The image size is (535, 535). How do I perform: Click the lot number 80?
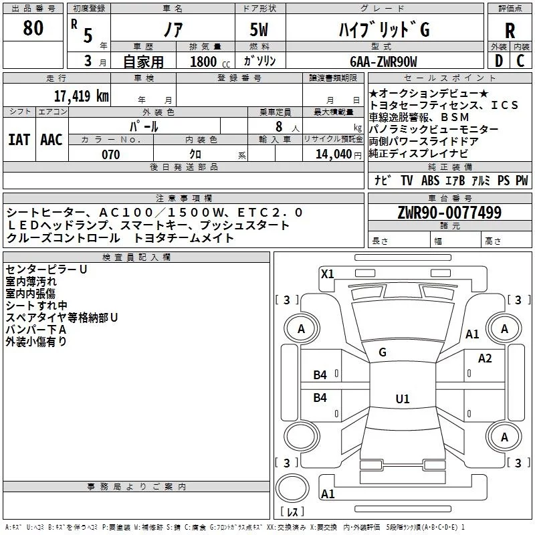tap(33, 28)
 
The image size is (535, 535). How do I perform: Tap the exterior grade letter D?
tap(499, 60)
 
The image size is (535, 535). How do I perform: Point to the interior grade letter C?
tap(520, 60)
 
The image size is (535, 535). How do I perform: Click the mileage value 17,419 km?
tap(81, 96)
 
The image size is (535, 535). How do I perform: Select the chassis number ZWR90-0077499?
tap(449, 213)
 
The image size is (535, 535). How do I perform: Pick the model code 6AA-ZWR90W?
tap(383, 62)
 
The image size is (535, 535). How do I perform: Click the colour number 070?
tap(110, 155)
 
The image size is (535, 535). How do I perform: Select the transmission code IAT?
tap(19, 140)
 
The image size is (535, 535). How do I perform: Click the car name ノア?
tap(173, 30)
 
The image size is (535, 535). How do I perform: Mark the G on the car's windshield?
tap(383, 352)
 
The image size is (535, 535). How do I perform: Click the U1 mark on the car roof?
tap(402, 399)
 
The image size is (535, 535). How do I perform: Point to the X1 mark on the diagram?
tap(328, 274)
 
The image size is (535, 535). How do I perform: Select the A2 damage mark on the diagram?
tap(485, 358)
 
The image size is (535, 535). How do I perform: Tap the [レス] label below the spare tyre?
tap(292, 513)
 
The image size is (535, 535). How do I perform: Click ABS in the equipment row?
tap(430, 180)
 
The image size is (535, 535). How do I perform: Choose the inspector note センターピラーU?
tap(47, 270)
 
